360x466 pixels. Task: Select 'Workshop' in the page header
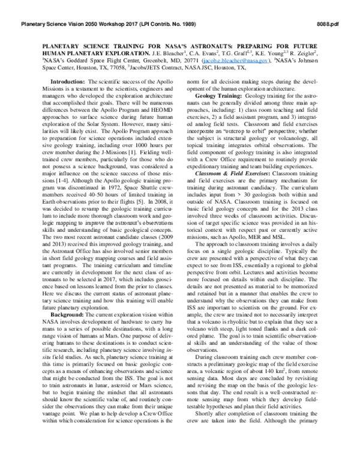pos(113,25)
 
